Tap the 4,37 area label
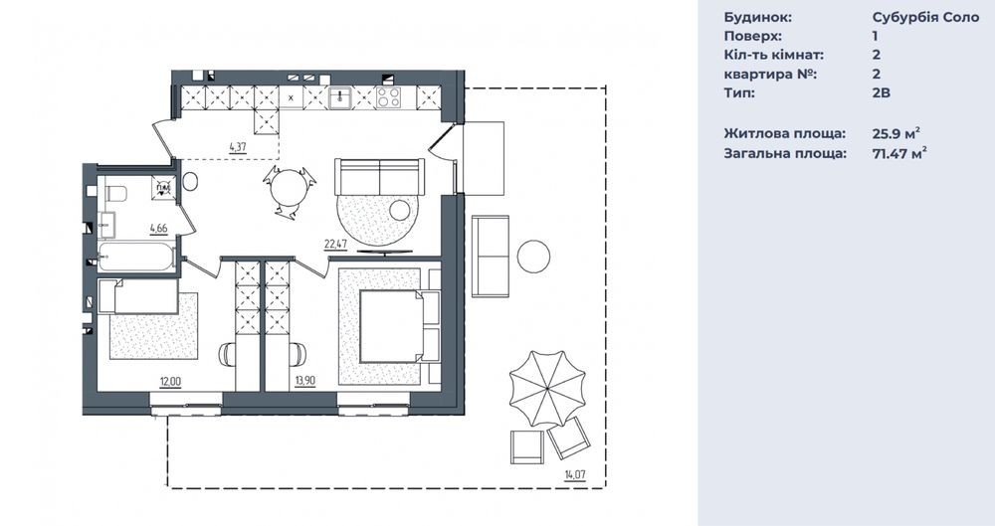click(x=238, y=147)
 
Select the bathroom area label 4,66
click(x=158, y=227)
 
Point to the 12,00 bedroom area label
click(x=171, y=381)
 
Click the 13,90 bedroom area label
click(x=305, y=381)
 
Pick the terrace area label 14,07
click(x=574, y=473)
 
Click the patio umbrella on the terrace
click(x=547, y=390)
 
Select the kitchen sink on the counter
click(x=341, y=97)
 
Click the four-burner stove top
click(x=389, y=97)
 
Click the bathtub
click(x=136, y=258)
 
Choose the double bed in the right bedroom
click(x=391, y=326)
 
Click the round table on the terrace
click(x=533, y=257)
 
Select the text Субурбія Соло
click(x=925, y=17)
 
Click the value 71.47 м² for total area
click(x=899, y=153)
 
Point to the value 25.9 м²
click(x=896, y=133)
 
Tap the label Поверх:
click(x=752, y=36)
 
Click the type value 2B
click(x=882, y=92)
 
